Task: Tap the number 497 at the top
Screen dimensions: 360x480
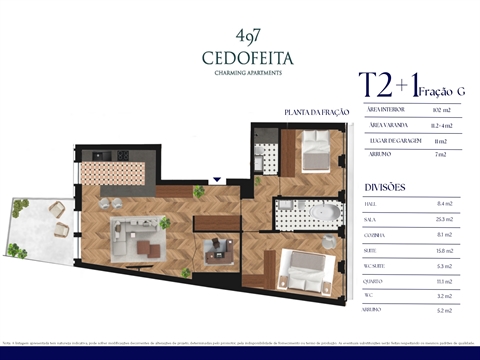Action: (x=239, y=36)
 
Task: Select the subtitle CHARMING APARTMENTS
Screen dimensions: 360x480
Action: (x=239, y=73)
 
